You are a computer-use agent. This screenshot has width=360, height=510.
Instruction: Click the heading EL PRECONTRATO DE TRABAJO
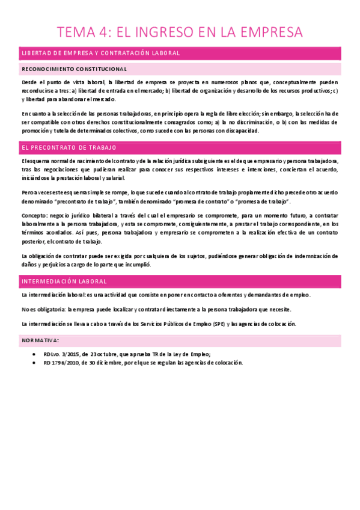(x=69, y=147)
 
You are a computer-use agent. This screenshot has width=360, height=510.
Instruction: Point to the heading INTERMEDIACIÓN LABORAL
(x=64, y=281)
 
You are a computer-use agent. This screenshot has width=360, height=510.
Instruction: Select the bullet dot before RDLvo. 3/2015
(x=34, y=354)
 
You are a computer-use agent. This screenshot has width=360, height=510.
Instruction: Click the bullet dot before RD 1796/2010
(x=34, y=363)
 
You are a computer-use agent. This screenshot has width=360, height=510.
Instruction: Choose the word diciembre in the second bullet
(x=112, y=363)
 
